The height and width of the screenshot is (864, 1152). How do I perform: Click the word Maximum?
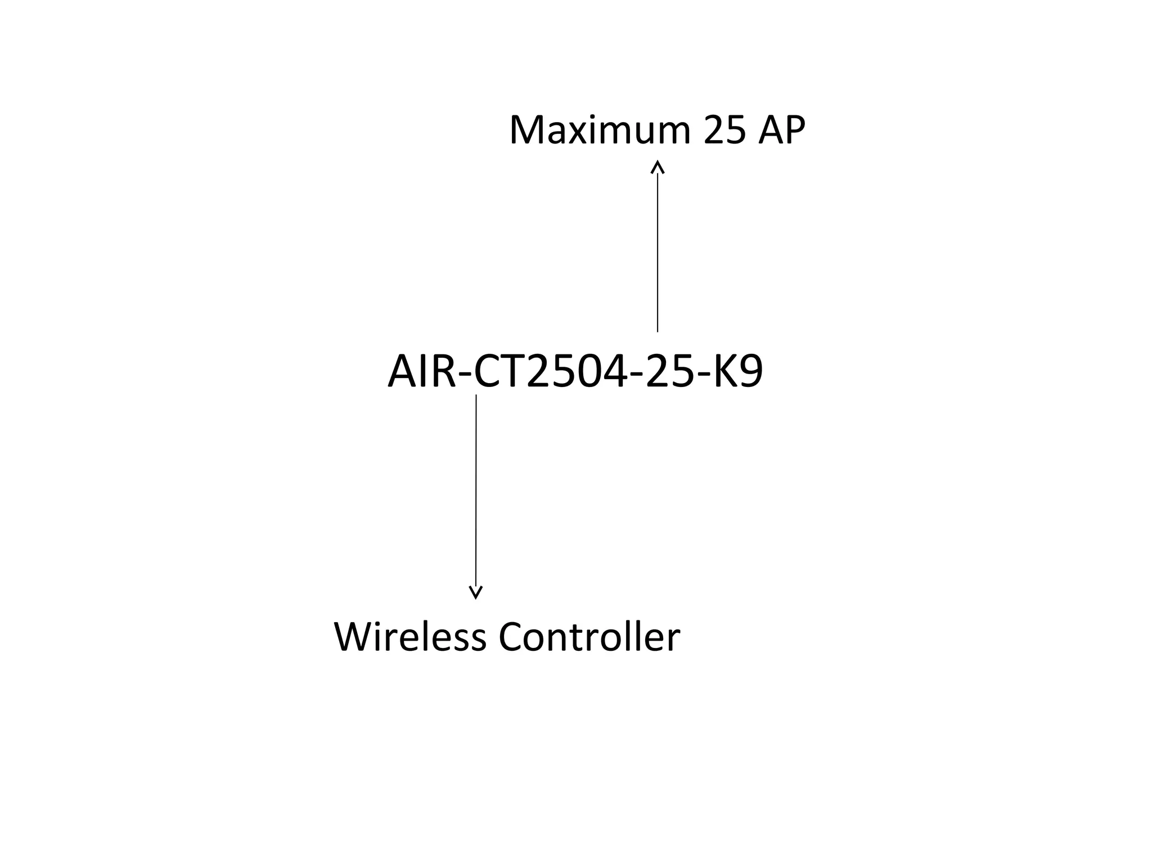coord(599,130)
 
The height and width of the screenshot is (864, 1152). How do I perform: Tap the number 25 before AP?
coord(725,130)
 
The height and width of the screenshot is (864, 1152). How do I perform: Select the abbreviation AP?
coord(782,130)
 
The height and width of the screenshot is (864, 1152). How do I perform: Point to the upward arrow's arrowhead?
coord(658,166)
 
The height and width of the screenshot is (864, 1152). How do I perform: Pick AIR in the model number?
coord(421,372)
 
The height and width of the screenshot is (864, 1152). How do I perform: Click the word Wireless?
coord(410,637)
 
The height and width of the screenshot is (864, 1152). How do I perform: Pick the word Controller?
coord(589,637)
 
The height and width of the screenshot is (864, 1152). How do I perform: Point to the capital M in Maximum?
coord(528,130)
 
